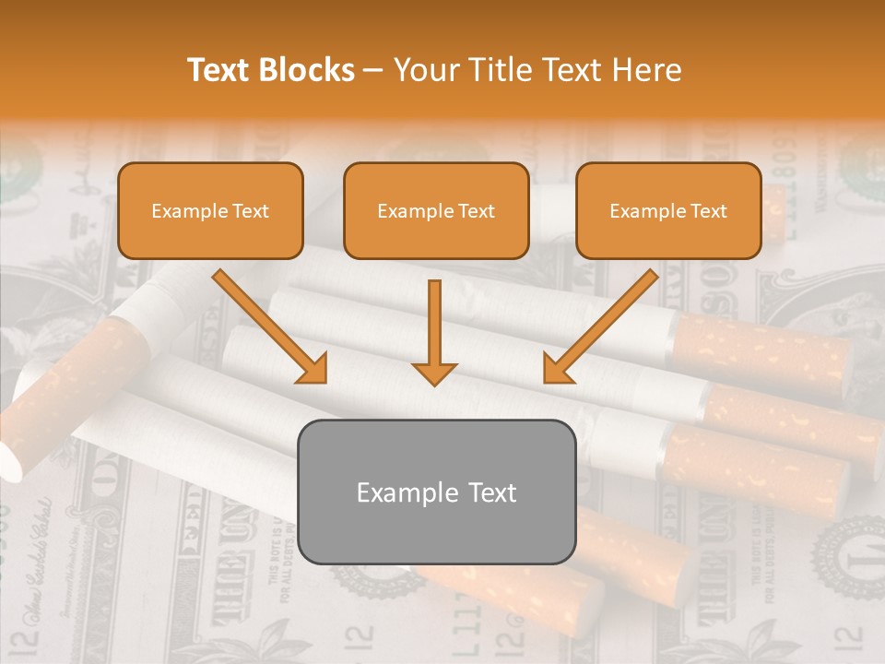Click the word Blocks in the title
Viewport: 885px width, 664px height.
308,70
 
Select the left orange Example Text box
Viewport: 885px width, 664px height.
210,210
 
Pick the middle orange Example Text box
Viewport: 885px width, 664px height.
436,210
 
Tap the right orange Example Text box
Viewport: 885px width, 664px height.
668,210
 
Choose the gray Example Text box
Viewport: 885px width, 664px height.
436,492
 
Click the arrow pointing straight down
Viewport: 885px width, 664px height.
434,332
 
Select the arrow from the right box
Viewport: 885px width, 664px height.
600,326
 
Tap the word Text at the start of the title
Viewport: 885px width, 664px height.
219,70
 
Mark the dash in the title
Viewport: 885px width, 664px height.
373,70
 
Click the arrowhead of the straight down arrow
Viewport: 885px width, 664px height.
434,373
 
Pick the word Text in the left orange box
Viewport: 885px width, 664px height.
250,211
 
